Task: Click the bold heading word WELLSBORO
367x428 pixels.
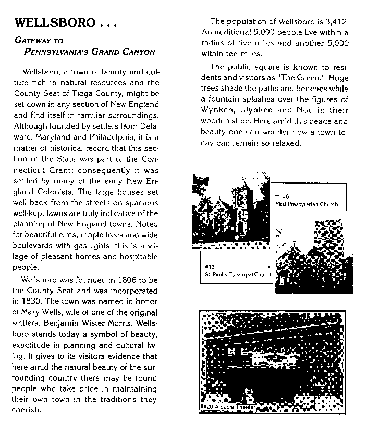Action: point(55,23)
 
